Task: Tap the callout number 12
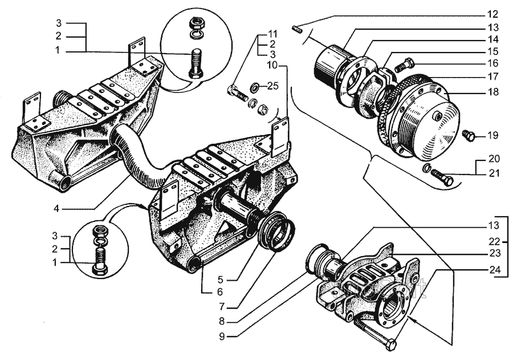coord(493,13)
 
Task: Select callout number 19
coord(493,135)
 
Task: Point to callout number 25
coord(273,86)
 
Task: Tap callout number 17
coord(493,76)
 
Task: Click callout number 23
coord(493,253)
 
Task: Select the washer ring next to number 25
coord(256,87)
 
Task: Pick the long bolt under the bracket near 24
coord(376,337)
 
